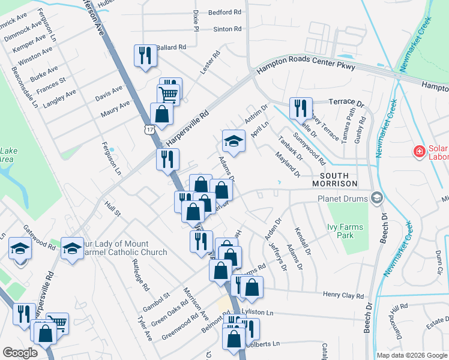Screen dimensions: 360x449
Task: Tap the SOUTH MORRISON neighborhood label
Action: (x=334, y=178)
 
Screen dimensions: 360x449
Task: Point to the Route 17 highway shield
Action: (x=148, y=129)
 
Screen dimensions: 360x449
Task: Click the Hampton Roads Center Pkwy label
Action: (x=306, y=67)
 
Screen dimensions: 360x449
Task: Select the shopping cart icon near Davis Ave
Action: (x=168, y=93)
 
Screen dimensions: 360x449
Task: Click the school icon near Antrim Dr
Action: (x=234, y=141)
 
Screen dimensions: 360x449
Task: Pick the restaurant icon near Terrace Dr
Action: (x=299, y=107)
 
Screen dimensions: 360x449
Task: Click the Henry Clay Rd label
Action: (x=343, y=296)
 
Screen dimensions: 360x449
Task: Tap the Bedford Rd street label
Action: (x=224, y=12)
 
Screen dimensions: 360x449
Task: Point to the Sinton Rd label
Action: (x=227, y=29)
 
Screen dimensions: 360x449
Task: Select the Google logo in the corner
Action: (x=20, y=353)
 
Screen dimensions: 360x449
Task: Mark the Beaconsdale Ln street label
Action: (x=25, y=88)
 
